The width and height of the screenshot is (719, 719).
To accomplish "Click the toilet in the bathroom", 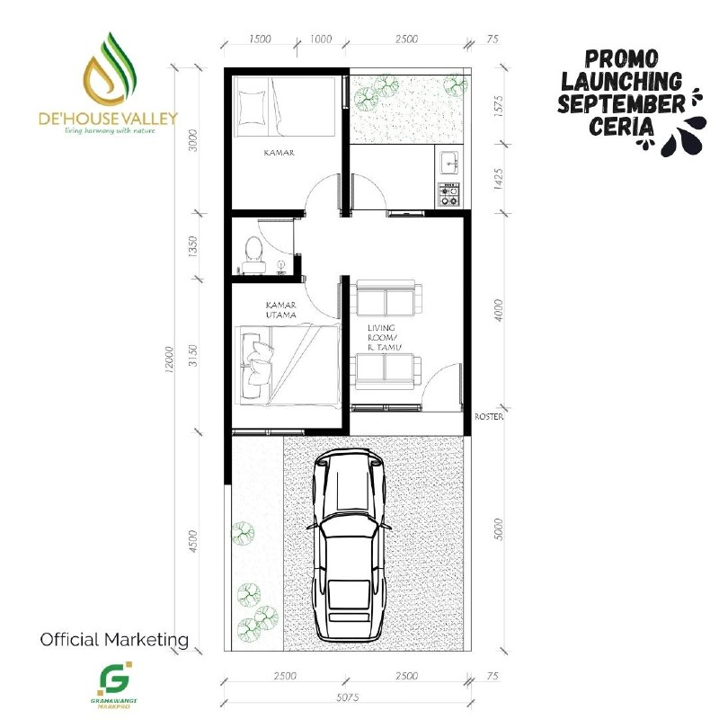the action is tap(253, 254).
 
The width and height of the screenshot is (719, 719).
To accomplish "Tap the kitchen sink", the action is tap(449, 163).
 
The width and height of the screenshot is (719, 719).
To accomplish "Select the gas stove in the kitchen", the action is tap(448, 194).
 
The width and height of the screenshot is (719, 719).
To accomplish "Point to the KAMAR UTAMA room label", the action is tap(281, 310).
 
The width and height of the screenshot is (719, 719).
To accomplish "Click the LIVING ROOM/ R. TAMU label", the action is tap(385, 338).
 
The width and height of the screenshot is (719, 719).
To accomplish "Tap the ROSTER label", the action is tap(489, 417).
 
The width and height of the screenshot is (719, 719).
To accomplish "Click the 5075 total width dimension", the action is tap(347, 697).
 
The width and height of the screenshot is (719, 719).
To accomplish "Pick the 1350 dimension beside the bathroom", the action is tap(192, 245).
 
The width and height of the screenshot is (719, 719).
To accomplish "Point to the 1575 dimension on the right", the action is tap(499, 106).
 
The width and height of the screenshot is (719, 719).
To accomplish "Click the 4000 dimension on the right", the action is tap(499, 310).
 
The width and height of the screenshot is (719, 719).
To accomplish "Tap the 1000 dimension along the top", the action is tap(321, 39).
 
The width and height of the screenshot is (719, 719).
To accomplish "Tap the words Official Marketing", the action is tap(114, 639).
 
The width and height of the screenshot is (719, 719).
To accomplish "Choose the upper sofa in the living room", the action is tap(386, 298).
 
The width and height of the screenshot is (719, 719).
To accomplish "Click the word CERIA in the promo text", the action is tap(621, 126).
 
